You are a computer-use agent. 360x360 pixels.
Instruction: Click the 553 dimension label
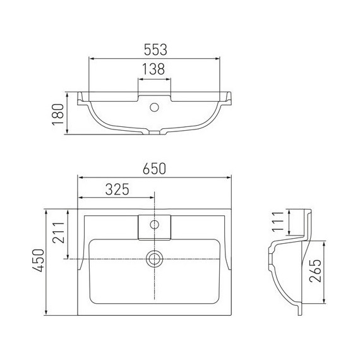(x=155, y=50)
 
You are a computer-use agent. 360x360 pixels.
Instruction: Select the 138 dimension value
(x=153, y=69)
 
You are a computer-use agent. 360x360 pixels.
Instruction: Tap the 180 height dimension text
(x=58, y=114)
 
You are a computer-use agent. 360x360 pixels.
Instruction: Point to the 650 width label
(x=154, y=169)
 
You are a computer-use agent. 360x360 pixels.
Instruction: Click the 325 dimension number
(x=117, y=189)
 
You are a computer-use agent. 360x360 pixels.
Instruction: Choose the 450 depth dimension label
(x=38, y=260)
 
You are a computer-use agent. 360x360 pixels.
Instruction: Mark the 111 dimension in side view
(x=278, y=222)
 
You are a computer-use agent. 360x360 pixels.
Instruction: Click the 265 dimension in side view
(x=315, y=271)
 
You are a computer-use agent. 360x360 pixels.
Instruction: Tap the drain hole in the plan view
(x=155, y=259)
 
